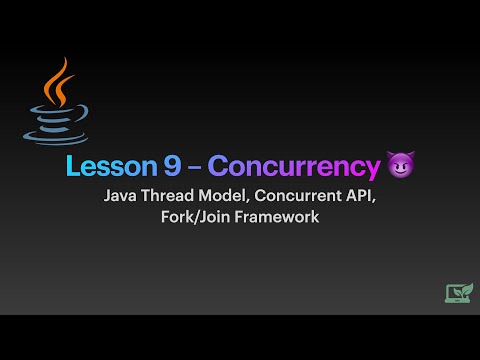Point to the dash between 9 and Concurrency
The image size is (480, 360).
[x=196, y=167]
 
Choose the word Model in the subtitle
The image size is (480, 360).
[x=229, y=196]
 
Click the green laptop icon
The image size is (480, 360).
[x=459, y=293]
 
